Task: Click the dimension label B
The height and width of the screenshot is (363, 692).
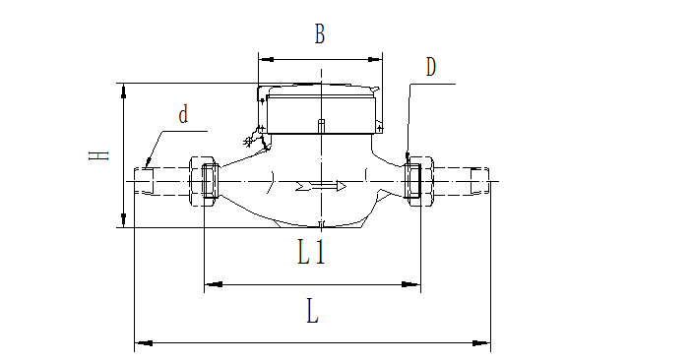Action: (x=319, y=35)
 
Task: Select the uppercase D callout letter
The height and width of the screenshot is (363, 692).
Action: (x=431, y=67)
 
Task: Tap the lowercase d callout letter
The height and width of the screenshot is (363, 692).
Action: (x=183, y=114)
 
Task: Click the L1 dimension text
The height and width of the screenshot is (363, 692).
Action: (x=312, y=255)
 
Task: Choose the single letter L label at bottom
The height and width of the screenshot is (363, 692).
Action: (x=312, y=313)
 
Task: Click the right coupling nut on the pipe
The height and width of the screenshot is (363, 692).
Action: (x=414, y=181)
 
